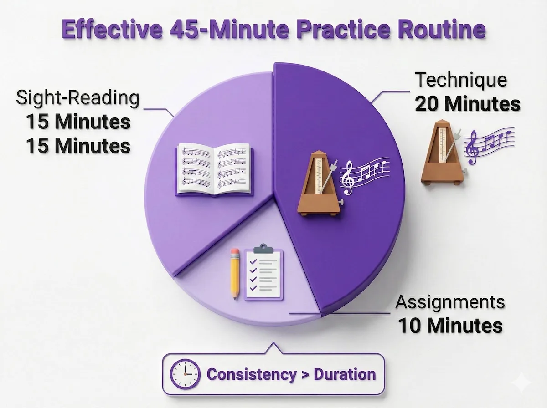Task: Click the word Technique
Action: click(x=461, y=81)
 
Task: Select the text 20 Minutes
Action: click(x=467, y=104)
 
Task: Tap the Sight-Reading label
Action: click(x=77, y=98)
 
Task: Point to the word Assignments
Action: click(x=450, y=302)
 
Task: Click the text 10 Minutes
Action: click(x=450, y=326)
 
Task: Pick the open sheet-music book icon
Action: click(x=213, y=169)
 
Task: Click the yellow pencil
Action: click(x=235, y=274)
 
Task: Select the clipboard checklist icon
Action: click(x=263, y=273)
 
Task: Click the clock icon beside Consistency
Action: click(x=185, y=374)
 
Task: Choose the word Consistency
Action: click(x=251, y=374)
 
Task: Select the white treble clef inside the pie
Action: click(x=349, y=178)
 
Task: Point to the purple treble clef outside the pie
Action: click(x=472, y=148)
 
